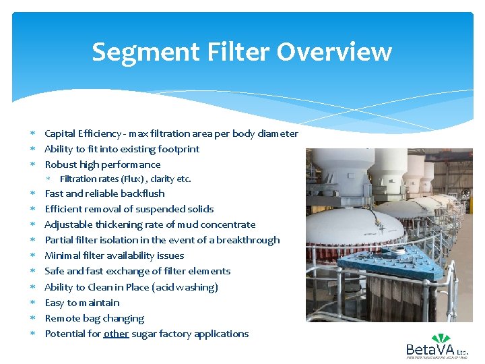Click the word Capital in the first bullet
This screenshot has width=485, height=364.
pyautogui.click(x=61, y=133)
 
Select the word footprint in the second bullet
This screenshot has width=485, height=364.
pyautogui.click(x=178, y=149)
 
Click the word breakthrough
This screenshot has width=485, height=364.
pyautogui.click(x=248, y=240)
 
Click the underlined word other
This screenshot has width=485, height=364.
pyautogui.click(x=116, y=334)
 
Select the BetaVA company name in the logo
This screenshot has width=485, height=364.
pyautogui.click(x=430, y=350)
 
